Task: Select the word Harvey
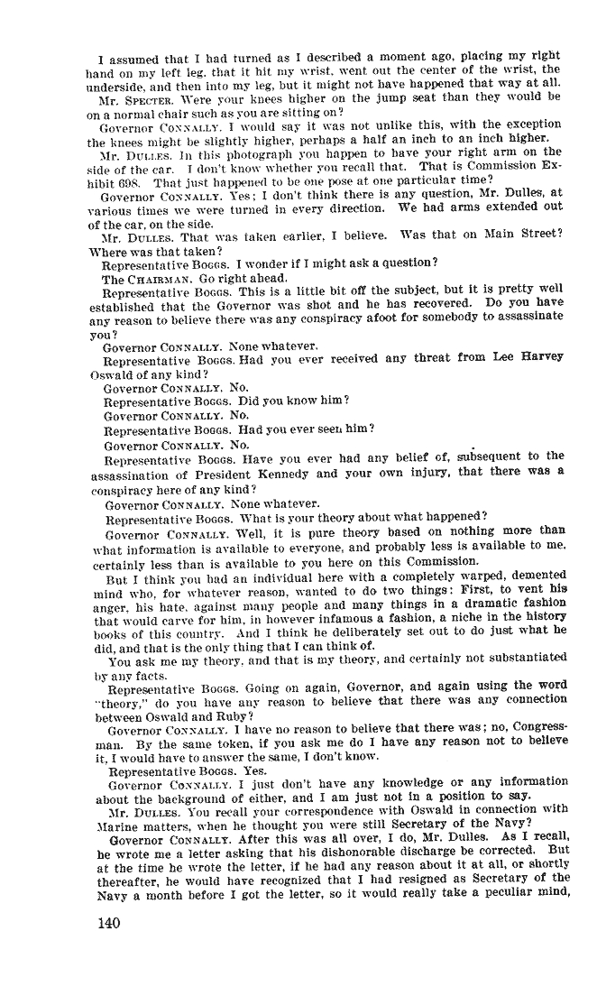[x=541, y=356]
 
